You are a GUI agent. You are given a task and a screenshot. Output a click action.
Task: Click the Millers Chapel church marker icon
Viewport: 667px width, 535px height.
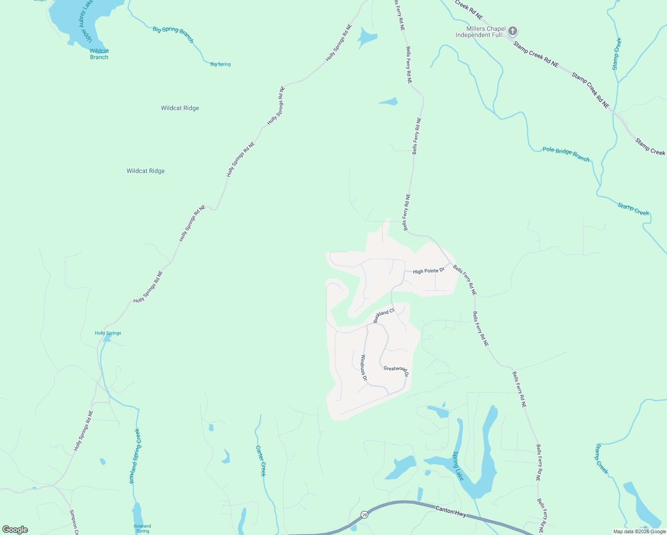point(513,31)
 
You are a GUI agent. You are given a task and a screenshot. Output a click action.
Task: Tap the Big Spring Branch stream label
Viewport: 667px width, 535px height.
point(173,34)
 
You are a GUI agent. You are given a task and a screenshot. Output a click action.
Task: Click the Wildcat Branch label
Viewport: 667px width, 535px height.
point(99,54)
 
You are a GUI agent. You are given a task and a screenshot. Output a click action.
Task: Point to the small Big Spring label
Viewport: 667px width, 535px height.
point(220,64)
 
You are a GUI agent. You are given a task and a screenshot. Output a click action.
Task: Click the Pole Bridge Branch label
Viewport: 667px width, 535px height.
point(566,154)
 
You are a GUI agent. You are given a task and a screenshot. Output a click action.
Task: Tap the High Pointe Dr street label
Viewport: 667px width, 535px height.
point(428,271)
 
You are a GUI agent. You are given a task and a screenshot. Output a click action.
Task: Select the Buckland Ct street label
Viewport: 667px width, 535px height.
point(384,315)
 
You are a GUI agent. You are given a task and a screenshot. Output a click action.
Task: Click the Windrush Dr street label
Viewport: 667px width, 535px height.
point(364,368)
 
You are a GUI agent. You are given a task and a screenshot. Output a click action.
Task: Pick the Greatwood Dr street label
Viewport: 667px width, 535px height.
point(396,370)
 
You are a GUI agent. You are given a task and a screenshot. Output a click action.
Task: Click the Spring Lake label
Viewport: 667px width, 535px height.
point(458,466)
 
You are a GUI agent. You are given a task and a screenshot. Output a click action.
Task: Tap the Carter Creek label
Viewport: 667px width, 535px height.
point(261,461)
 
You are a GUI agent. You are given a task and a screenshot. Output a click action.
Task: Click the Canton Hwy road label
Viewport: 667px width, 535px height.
point(450,511)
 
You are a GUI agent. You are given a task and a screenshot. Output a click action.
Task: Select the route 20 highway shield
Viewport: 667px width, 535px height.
point(364,514)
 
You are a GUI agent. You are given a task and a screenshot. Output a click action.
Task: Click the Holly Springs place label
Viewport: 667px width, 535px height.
point(108,333)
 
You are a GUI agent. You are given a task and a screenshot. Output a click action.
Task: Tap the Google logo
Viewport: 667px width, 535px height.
point(15,530)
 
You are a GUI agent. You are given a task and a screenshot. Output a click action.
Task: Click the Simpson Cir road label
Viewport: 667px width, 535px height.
point(74,522)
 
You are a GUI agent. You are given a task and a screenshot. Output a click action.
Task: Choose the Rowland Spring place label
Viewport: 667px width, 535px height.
point(142,528)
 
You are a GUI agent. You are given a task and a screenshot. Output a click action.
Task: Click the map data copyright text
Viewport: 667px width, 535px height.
point(639,531)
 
